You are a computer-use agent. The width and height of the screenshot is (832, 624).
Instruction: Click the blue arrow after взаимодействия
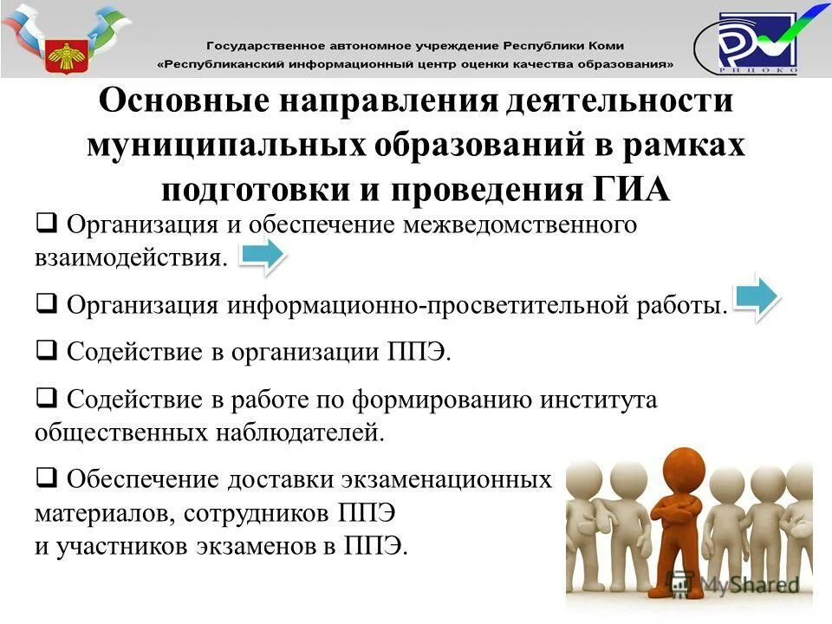tap(261, 256)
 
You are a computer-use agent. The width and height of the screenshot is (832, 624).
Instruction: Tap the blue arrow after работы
tap(757, 299)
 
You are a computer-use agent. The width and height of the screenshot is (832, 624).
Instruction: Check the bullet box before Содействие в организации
tap(47, 351)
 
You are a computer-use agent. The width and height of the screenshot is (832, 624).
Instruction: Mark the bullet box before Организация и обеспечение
tap(47, 224)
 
